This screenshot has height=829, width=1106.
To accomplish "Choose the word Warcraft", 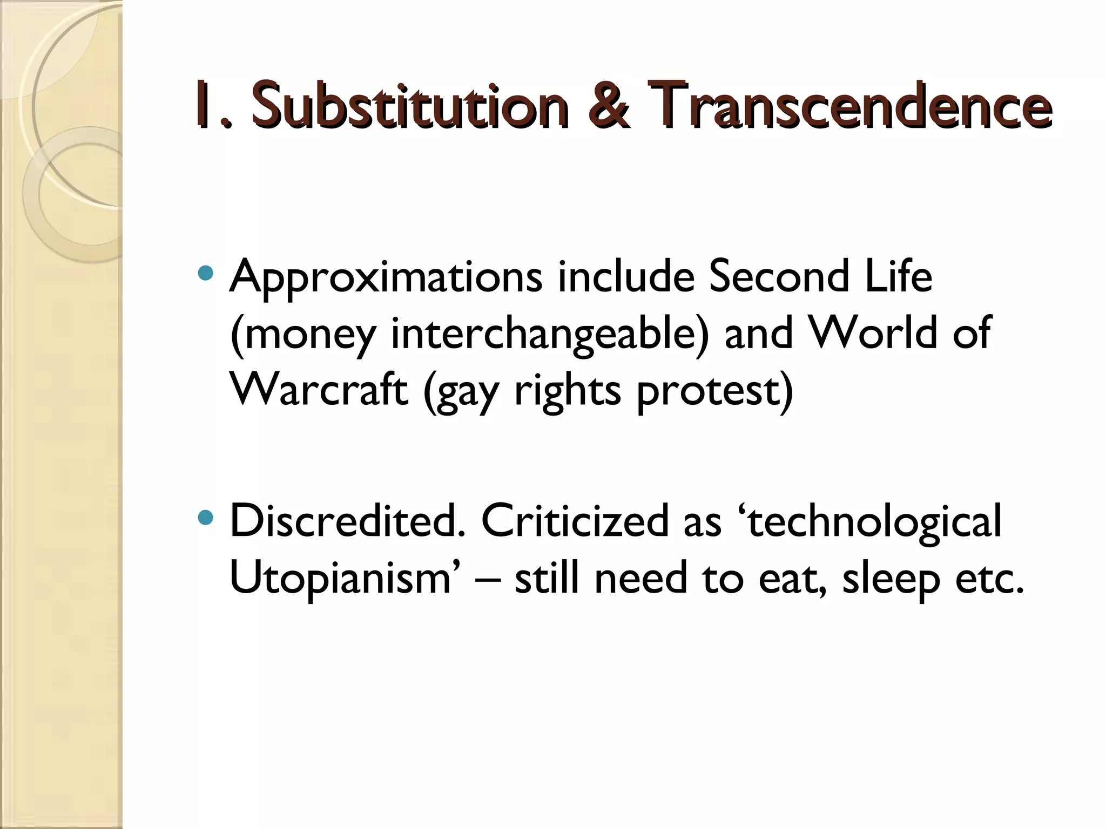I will (x=319, y=390).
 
